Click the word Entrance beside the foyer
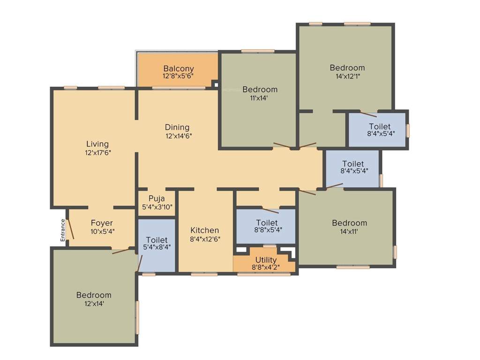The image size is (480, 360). click(x=62, y=230)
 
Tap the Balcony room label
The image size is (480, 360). click(x=178, y=68)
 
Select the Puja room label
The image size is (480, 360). click(x=157, y=198)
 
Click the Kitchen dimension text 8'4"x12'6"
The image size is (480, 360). click(x=205, y=239)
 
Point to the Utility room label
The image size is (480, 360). click(x=266, y=260)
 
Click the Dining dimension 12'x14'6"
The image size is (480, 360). click(x=178, y=136)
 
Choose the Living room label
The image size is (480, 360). click(x=97, y=144)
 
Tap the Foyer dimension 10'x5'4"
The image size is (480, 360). click(x=102, y=231)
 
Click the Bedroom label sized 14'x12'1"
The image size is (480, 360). click(x=347, y=67)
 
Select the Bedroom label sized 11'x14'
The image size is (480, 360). click(x=260, y=89)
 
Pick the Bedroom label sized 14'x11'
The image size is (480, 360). click(x=349, y=223)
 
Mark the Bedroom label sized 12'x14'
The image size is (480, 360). click(x=94, y=295)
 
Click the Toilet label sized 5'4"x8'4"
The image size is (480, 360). click(x=157, y=240)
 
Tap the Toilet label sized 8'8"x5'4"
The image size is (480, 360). click(x=267, y=223)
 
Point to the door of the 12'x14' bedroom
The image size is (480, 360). click(x=121, y=251)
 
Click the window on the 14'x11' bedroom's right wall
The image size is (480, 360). click(x=395, y=252)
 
